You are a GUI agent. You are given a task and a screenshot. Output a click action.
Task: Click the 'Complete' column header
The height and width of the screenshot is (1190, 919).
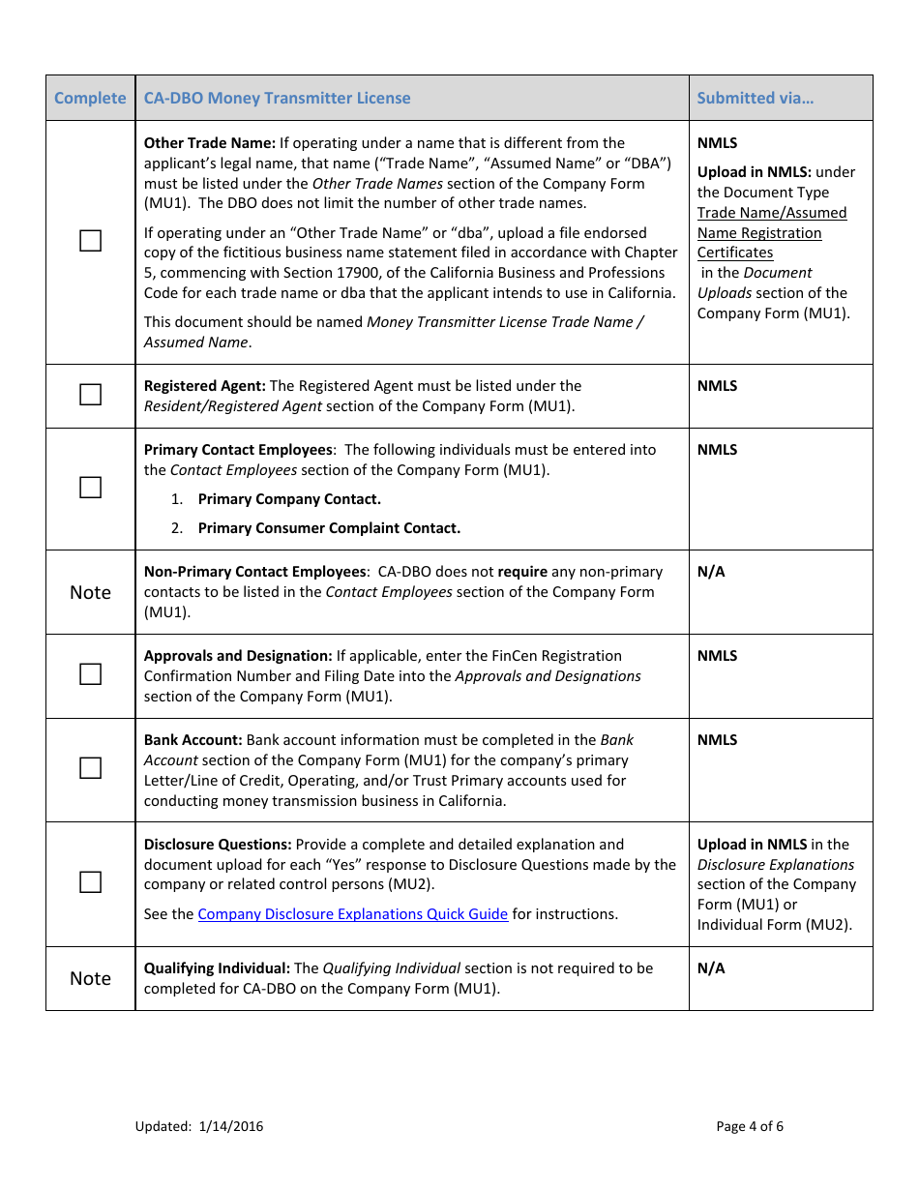90,98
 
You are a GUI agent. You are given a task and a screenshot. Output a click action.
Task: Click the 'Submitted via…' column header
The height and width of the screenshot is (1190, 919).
755,98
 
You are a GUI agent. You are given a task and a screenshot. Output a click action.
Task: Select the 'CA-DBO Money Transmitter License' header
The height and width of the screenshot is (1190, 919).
277,98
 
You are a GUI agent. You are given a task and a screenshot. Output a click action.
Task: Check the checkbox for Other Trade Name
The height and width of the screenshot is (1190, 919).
90,241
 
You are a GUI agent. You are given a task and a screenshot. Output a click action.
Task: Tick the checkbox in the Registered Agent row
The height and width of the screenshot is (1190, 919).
90,395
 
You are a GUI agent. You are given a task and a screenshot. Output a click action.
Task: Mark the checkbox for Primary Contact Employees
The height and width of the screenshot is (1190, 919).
90,488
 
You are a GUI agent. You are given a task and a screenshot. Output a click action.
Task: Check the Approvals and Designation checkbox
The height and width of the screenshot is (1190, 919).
90,674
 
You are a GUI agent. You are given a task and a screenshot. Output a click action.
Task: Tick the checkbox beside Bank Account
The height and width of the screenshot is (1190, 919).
90,768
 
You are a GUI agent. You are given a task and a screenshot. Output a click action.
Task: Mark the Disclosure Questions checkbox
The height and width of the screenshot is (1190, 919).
90,882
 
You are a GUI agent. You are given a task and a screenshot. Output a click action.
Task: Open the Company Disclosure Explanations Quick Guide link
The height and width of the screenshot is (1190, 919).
353,914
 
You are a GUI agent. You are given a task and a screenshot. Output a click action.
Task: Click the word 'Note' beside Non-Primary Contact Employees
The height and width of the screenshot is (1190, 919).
90,592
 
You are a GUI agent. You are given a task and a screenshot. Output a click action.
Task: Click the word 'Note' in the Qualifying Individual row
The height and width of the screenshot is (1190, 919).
90,978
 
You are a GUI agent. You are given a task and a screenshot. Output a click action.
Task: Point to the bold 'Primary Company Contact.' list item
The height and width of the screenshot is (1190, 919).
289,499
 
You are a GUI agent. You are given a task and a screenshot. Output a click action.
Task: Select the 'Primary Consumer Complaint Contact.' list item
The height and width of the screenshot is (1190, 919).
329,528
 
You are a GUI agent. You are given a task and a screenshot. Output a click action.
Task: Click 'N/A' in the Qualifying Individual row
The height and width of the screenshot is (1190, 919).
711,968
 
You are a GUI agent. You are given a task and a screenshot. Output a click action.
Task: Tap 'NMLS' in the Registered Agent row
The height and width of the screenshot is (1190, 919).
717,386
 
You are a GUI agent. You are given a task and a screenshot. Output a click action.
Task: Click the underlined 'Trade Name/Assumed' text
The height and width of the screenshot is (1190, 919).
771,213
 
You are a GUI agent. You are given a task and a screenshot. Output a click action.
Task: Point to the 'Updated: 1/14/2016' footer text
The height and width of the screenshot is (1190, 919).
199,1126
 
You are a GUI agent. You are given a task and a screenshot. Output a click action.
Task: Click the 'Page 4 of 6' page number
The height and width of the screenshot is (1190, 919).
750,1126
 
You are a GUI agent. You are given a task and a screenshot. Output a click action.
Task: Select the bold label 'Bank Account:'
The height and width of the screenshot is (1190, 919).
193,740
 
